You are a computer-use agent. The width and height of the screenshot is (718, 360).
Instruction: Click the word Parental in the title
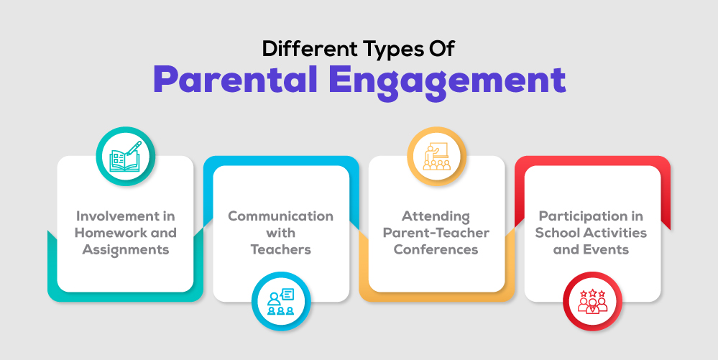235,80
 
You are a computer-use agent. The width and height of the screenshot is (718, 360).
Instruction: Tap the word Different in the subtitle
309,49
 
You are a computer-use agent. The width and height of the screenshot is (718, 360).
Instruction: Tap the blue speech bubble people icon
281,301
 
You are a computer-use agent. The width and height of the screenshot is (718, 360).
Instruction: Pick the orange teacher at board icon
436,156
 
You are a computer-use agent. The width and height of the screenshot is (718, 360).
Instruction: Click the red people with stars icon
592,301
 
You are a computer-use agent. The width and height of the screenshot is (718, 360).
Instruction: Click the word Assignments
126,250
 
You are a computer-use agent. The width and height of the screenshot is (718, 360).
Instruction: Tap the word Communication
281,216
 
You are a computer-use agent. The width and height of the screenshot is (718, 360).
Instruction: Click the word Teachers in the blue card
281,249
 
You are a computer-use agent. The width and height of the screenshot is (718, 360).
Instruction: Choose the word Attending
436,216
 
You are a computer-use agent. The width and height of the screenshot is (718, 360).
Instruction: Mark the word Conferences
436,249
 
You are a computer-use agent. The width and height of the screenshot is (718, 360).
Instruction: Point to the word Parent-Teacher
436,233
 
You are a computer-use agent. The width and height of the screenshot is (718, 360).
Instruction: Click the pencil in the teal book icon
134,148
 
